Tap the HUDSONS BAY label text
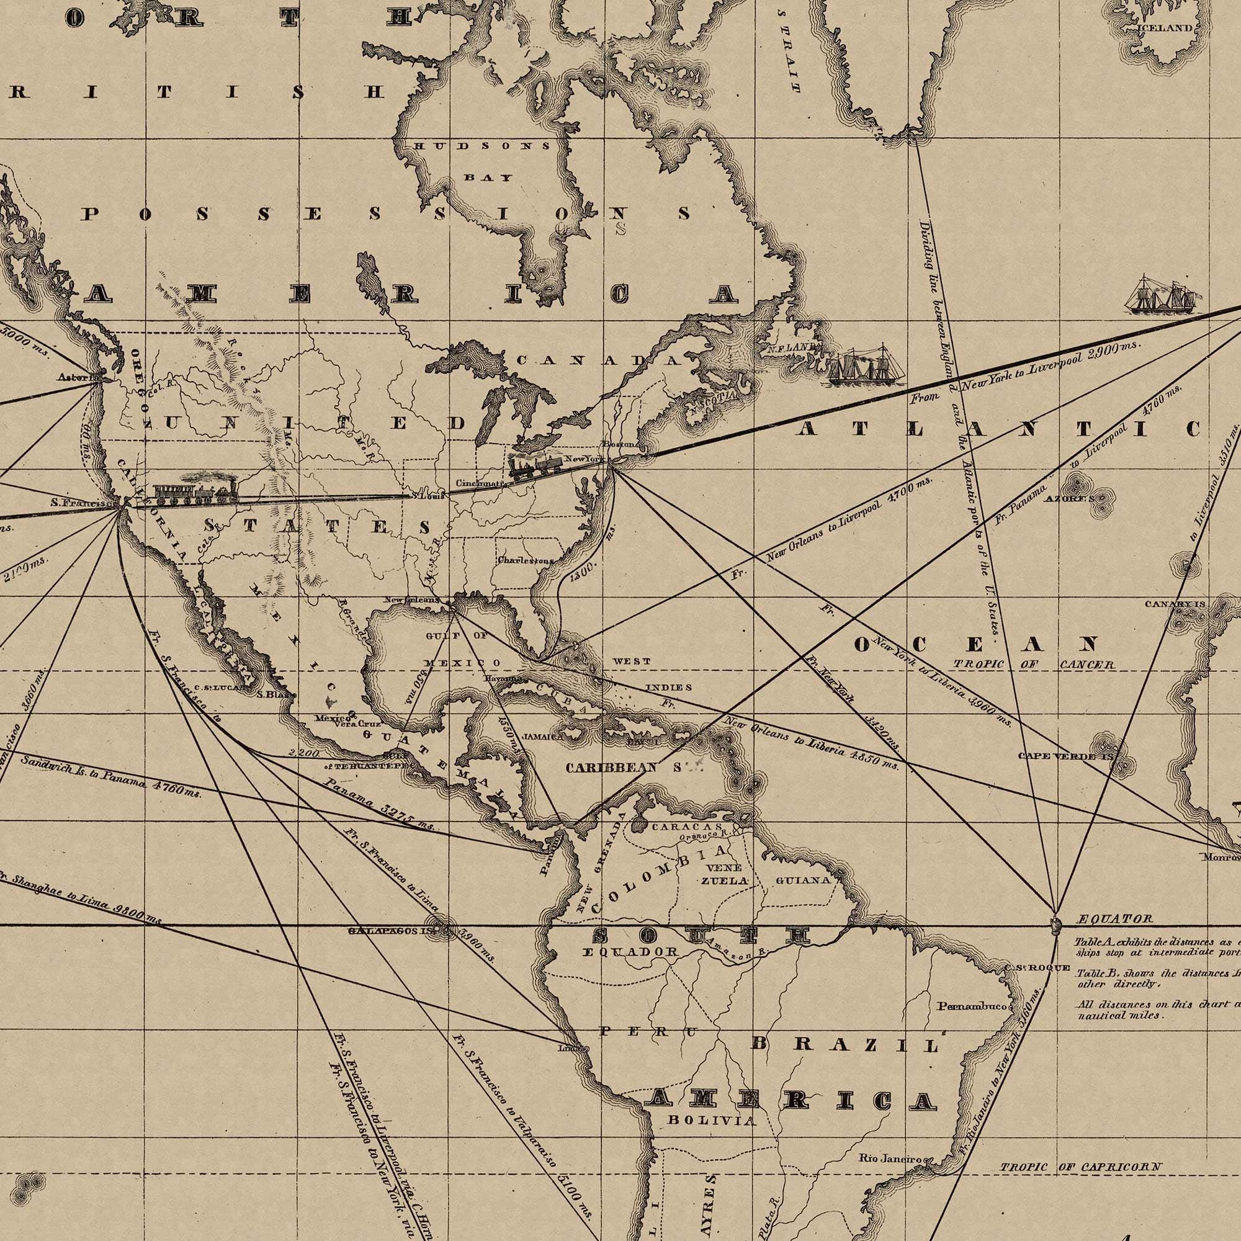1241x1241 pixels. pos(482,161)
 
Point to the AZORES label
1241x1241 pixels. pos(1069,498)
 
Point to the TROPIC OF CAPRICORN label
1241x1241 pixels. pos(1080,1149)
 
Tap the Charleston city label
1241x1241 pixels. pos(525,560)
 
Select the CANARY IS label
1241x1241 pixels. pos(1175,604)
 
